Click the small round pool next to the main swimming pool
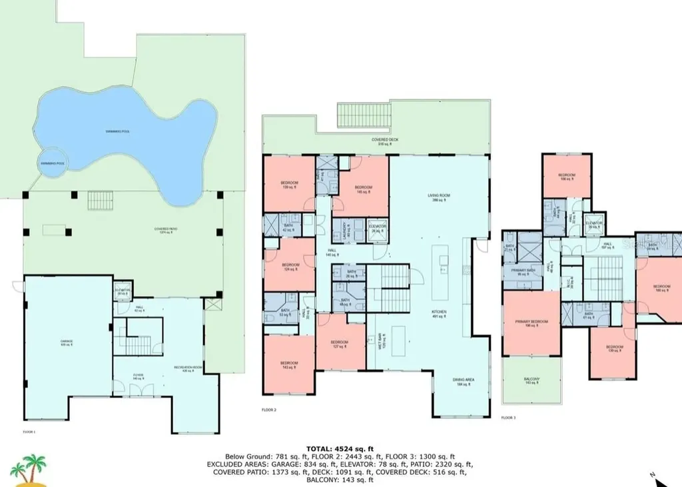point(52,164)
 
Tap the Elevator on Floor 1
point(123,291)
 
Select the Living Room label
point(439,197)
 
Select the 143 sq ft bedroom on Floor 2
point(289,364)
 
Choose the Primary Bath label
point(523,271)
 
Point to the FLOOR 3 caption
point(508,418)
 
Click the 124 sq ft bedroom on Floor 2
point(290,266)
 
